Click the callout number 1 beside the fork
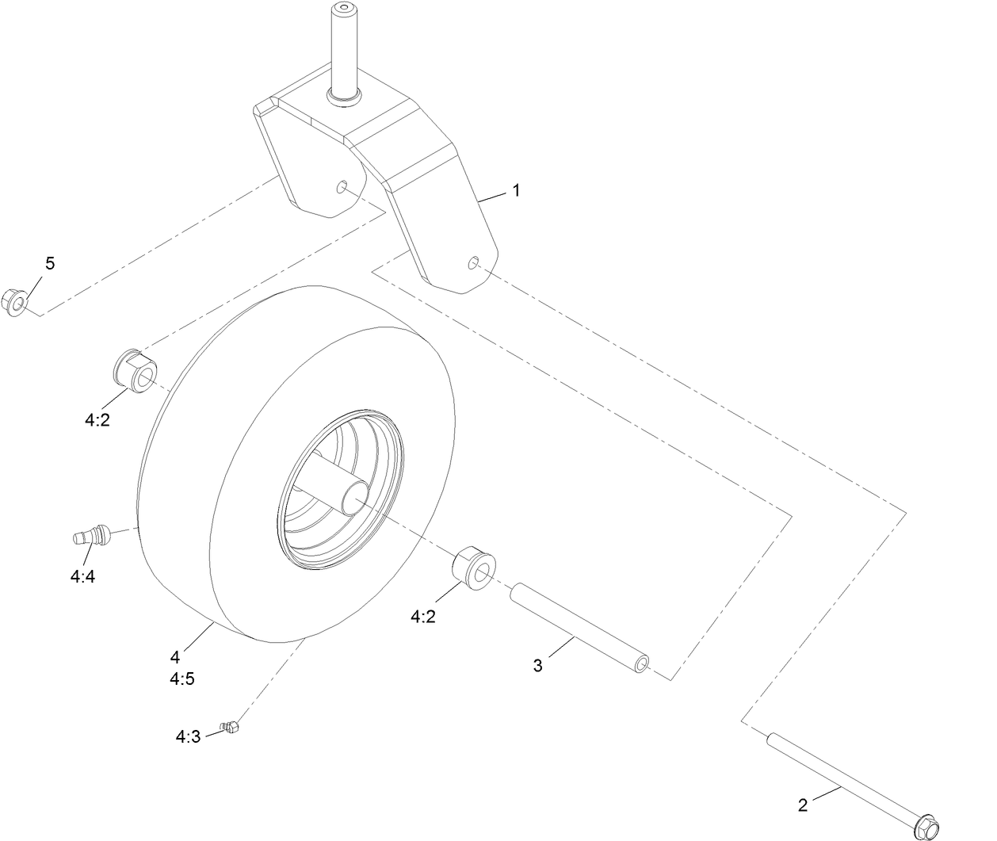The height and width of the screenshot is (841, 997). [x=516, y=191]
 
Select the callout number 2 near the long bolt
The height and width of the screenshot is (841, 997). [x=803, y=805]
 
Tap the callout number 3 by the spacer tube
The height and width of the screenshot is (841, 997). [x=538, y=666]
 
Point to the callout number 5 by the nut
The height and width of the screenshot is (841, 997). [x=50, y=264]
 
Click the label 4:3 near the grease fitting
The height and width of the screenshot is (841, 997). [x=188, y=737]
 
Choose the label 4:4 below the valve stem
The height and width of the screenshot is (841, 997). [x=82, y=577]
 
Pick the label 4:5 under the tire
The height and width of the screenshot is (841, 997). [x=181, y=679]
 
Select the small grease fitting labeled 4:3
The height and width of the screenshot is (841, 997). [x=231, y=726]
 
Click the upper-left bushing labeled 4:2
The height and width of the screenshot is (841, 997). [x=136, y=369]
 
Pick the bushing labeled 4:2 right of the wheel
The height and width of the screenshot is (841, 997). [x=473, y=568]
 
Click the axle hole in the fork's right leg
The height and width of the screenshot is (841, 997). [x=473, y=262]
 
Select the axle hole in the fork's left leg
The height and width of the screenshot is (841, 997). [x=342, y=187]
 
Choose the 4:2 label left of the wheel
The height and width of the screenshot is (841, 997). [x=97, y=420]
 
